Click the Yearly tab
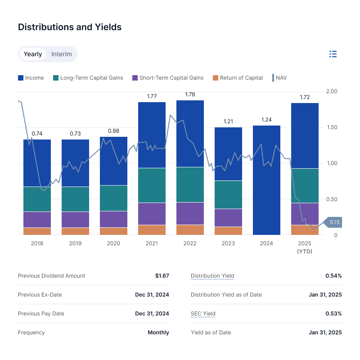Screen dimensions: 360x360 [33, 54]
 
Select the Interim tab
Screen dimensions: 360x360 [62, 54]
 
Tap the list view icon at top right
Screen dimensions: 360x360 [333, 54]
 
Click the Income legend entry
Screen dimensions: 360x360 [31, 78]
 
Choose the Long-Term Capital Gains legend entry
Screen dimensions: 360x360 [88, 78]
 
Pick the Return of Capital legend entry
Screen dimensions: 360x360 [238, 78]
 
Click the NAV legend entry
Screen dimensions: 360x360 [279, 78]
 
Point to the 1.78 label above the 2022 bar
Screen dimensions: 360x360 [190, 94]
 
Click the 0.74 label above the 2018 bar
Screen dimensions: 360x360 [37, 134]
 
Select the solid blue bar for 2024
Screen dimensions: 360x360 [266, 180]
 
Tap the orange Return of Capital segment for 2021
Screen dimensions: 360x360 [152, 229]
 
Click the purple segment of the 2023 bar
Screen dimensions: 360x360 [228, 217]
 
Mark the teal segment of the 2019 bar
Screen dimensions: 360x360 [75, 199]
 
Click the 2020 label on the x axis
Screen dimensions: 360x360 [113, 243]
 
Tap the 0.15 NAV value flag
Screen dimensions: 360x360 [334, 222]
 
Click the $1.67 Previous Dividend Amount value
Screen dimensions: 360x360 [162, 276]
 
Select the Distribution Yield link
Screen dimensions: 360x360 [212, 276]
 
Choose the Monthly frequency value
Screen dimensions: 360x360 [158, 333]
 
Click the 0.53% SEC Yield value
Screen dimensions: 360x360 [333, 314]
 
